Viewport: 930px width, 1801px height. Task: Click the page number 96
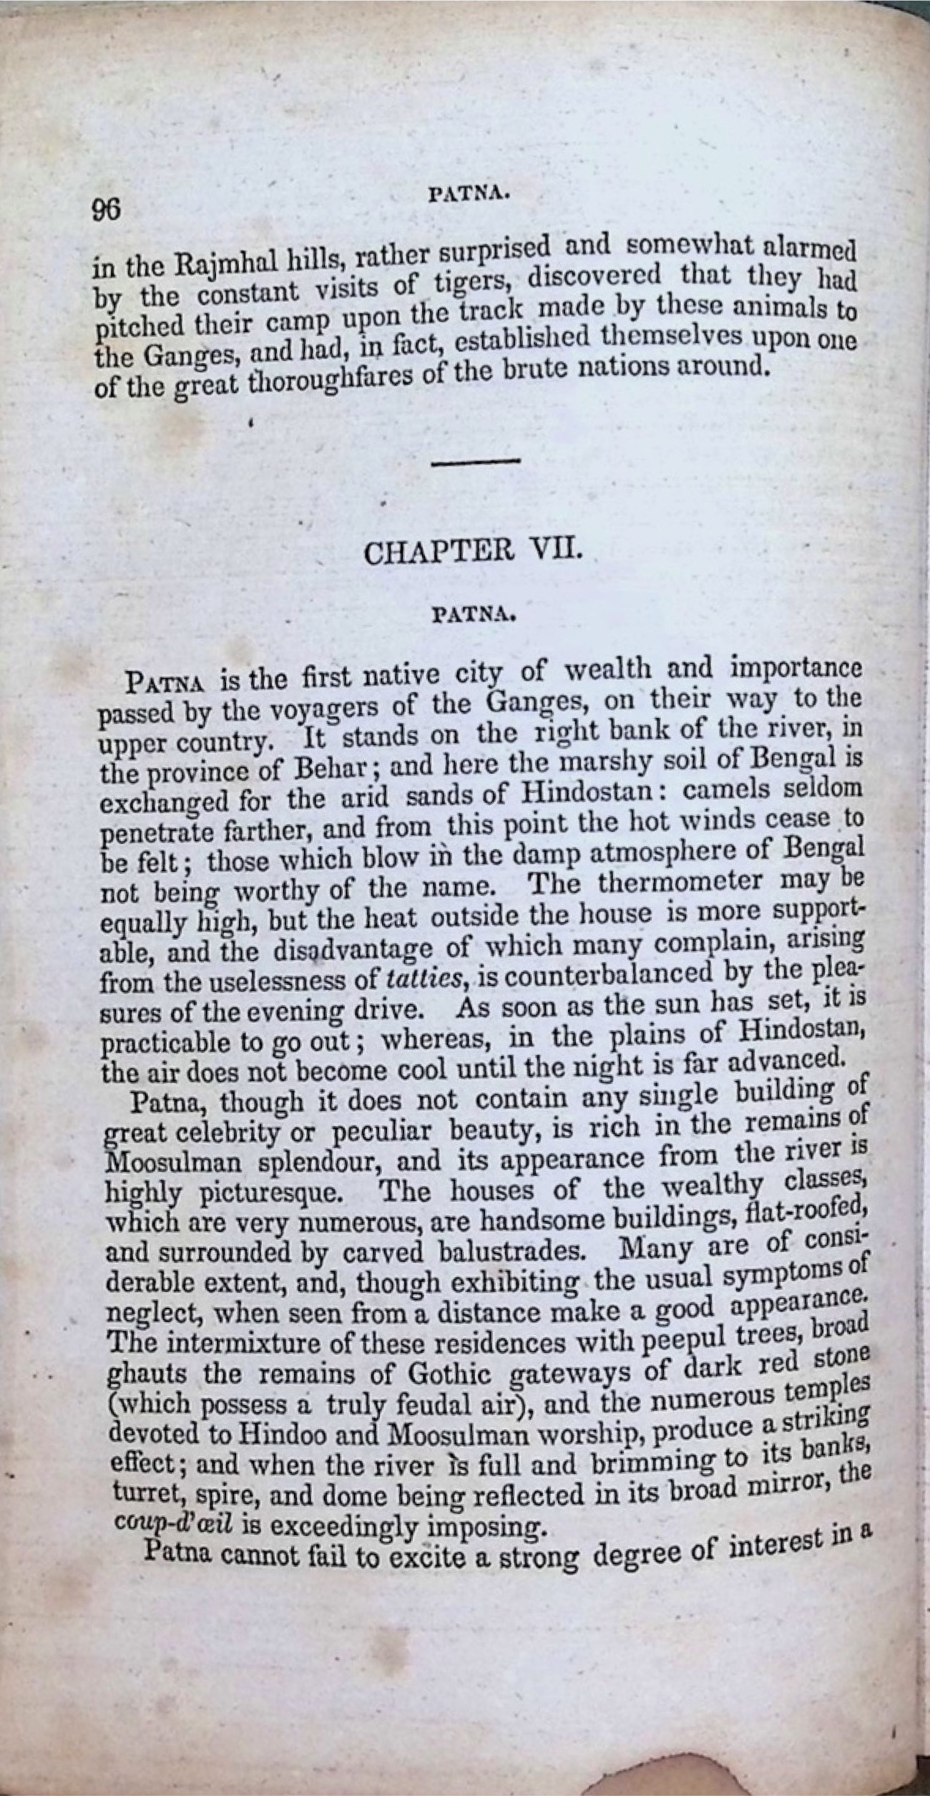click(x=107, y=210)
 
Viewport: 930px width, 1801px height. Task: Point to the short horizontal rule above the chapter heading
click(x=476, y=463)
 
